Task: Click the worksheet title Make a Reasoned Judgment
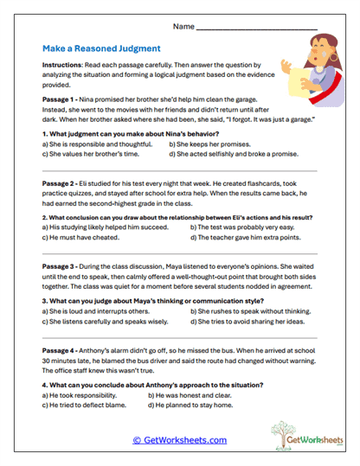tap(100, 49)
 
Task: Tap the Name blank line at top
tap(257, 29)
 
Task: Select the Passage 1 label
tap(58, 99)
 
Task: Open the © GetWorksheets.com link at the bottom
tap(179, 439)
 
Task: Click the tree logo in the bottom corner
tap(294, 435)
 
